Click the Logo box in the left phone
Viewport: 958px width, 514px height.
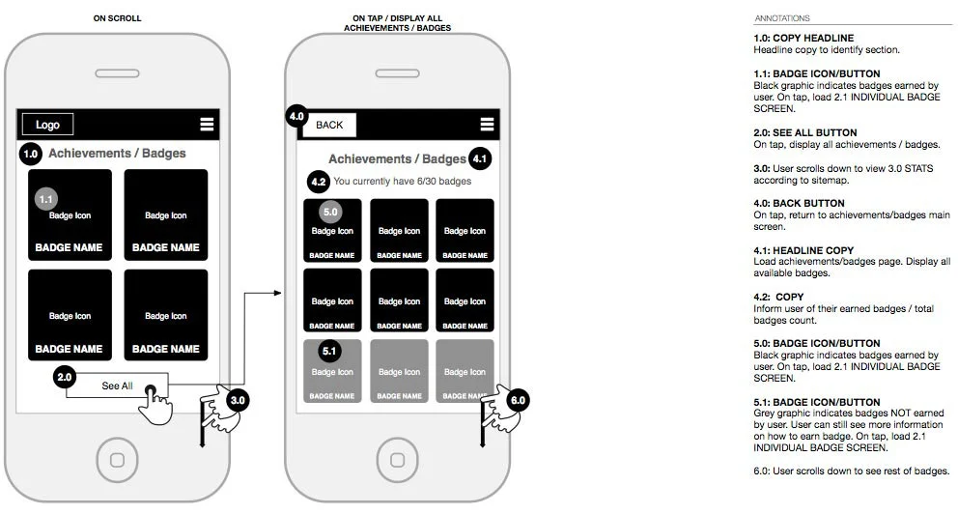(x=47, y=125)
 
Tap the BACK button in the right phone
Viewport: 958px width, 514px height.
(x=329, y=125)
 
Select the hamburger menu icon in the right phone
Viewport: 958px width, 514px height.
(x=487, y=124)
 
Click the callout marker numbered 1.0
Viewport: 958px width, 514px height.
(x=30, y=153)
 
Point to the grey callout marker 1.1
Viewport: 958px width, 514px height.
(x=46, y=198)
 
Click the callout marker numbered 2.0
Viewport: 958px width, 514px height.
(x=66, y=376)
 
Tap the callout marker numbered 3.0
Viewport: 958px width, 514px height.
(x=238, y=398)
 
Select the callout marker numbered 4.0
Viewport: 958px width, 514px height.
(x=297, y=117)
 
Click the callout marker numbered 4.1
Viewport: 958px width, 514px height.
(x=480, y=157)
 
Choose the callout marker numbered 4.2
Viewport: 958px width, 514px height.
(x=318, y=181)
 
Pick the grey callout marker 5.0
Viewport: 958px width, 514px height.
(x=331, y=211)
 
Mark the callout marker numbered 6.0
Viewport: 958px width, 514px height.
(x=518, y=400)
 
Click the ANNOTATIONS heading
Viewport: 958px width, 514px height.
(x=781, y=18)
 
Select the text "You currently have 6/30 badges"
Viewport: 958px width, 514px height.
(x=402, y=182)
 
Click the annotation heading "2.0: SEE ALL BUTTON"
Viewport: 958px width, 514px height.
(x=804, y=132)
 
